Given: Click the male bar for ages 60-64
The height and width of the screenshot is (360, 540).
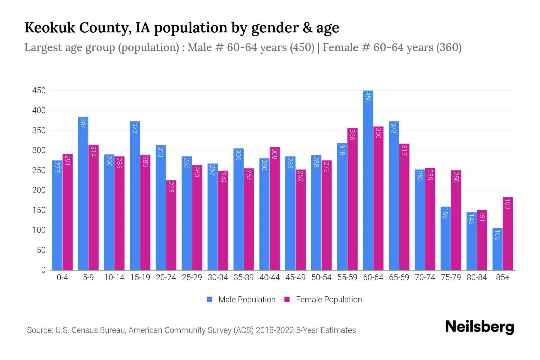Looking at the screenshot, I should point(368,180).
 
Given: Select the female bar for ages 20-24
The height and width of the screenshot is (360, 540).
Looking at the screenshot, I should point(171,225).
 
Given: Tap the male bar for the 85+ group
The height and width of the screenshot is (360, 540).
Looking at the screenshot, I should point(497,249).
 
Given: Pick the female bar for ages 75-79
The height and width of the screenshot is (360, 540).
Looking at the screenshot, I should point(456,220).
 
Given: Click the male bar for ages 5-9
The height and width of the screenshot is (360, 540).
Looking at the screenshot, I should point(83,193).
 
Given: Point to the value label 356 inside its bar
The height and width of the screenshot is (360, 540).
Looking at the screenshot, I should point(352,134).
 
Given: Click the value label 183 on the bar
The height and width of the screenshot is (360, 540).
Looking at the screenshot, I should point(508,204).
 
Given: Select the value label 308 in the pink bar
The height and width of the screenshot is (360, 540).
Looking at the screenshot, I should point(275,154).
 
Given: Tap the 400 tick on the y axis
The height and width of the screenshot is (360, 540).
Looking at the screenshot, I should point(39,110).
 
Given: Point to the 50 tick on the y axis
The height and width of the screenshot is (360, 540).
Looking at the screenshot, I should point(41,250).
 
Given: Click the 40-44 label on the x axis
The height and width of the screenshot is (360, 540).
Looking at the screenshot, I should point(269,277).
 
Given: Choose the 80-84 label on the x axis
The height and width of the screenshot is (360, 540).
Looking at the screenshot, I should point(477,277).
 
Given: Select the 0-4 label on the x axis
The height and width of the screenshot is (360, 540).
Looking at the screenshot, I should point(62,277).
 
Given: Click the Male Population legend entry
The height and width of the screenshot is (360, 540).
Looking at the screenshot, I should point(247,299).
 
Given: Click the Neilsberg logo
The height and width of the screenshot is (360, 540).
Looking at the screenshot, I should point(479,327).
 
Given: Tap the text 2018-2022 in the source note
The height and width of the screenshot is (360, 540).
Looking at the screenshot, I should point(275,330).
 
